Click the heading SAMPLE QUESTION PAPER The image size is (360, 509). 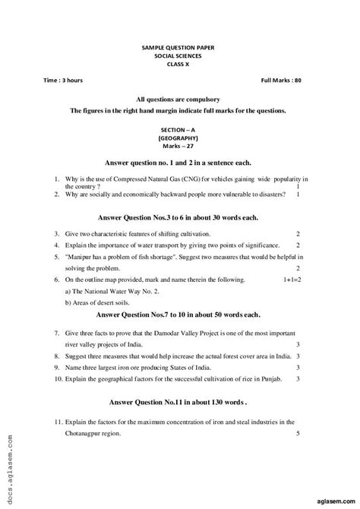pyautogui.click(x=178, y=47)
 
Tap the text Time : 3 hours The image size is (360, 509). pyautogui.click(x=64, y=80)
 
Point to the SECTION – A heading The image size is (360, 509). pyautogui.click(x=178, y=130)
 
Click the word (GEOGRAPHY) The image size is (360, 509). pyautogui.click(x=178, y=138)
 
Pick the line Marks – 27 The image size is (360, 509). pyautogui.click(x=178, y=147)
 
